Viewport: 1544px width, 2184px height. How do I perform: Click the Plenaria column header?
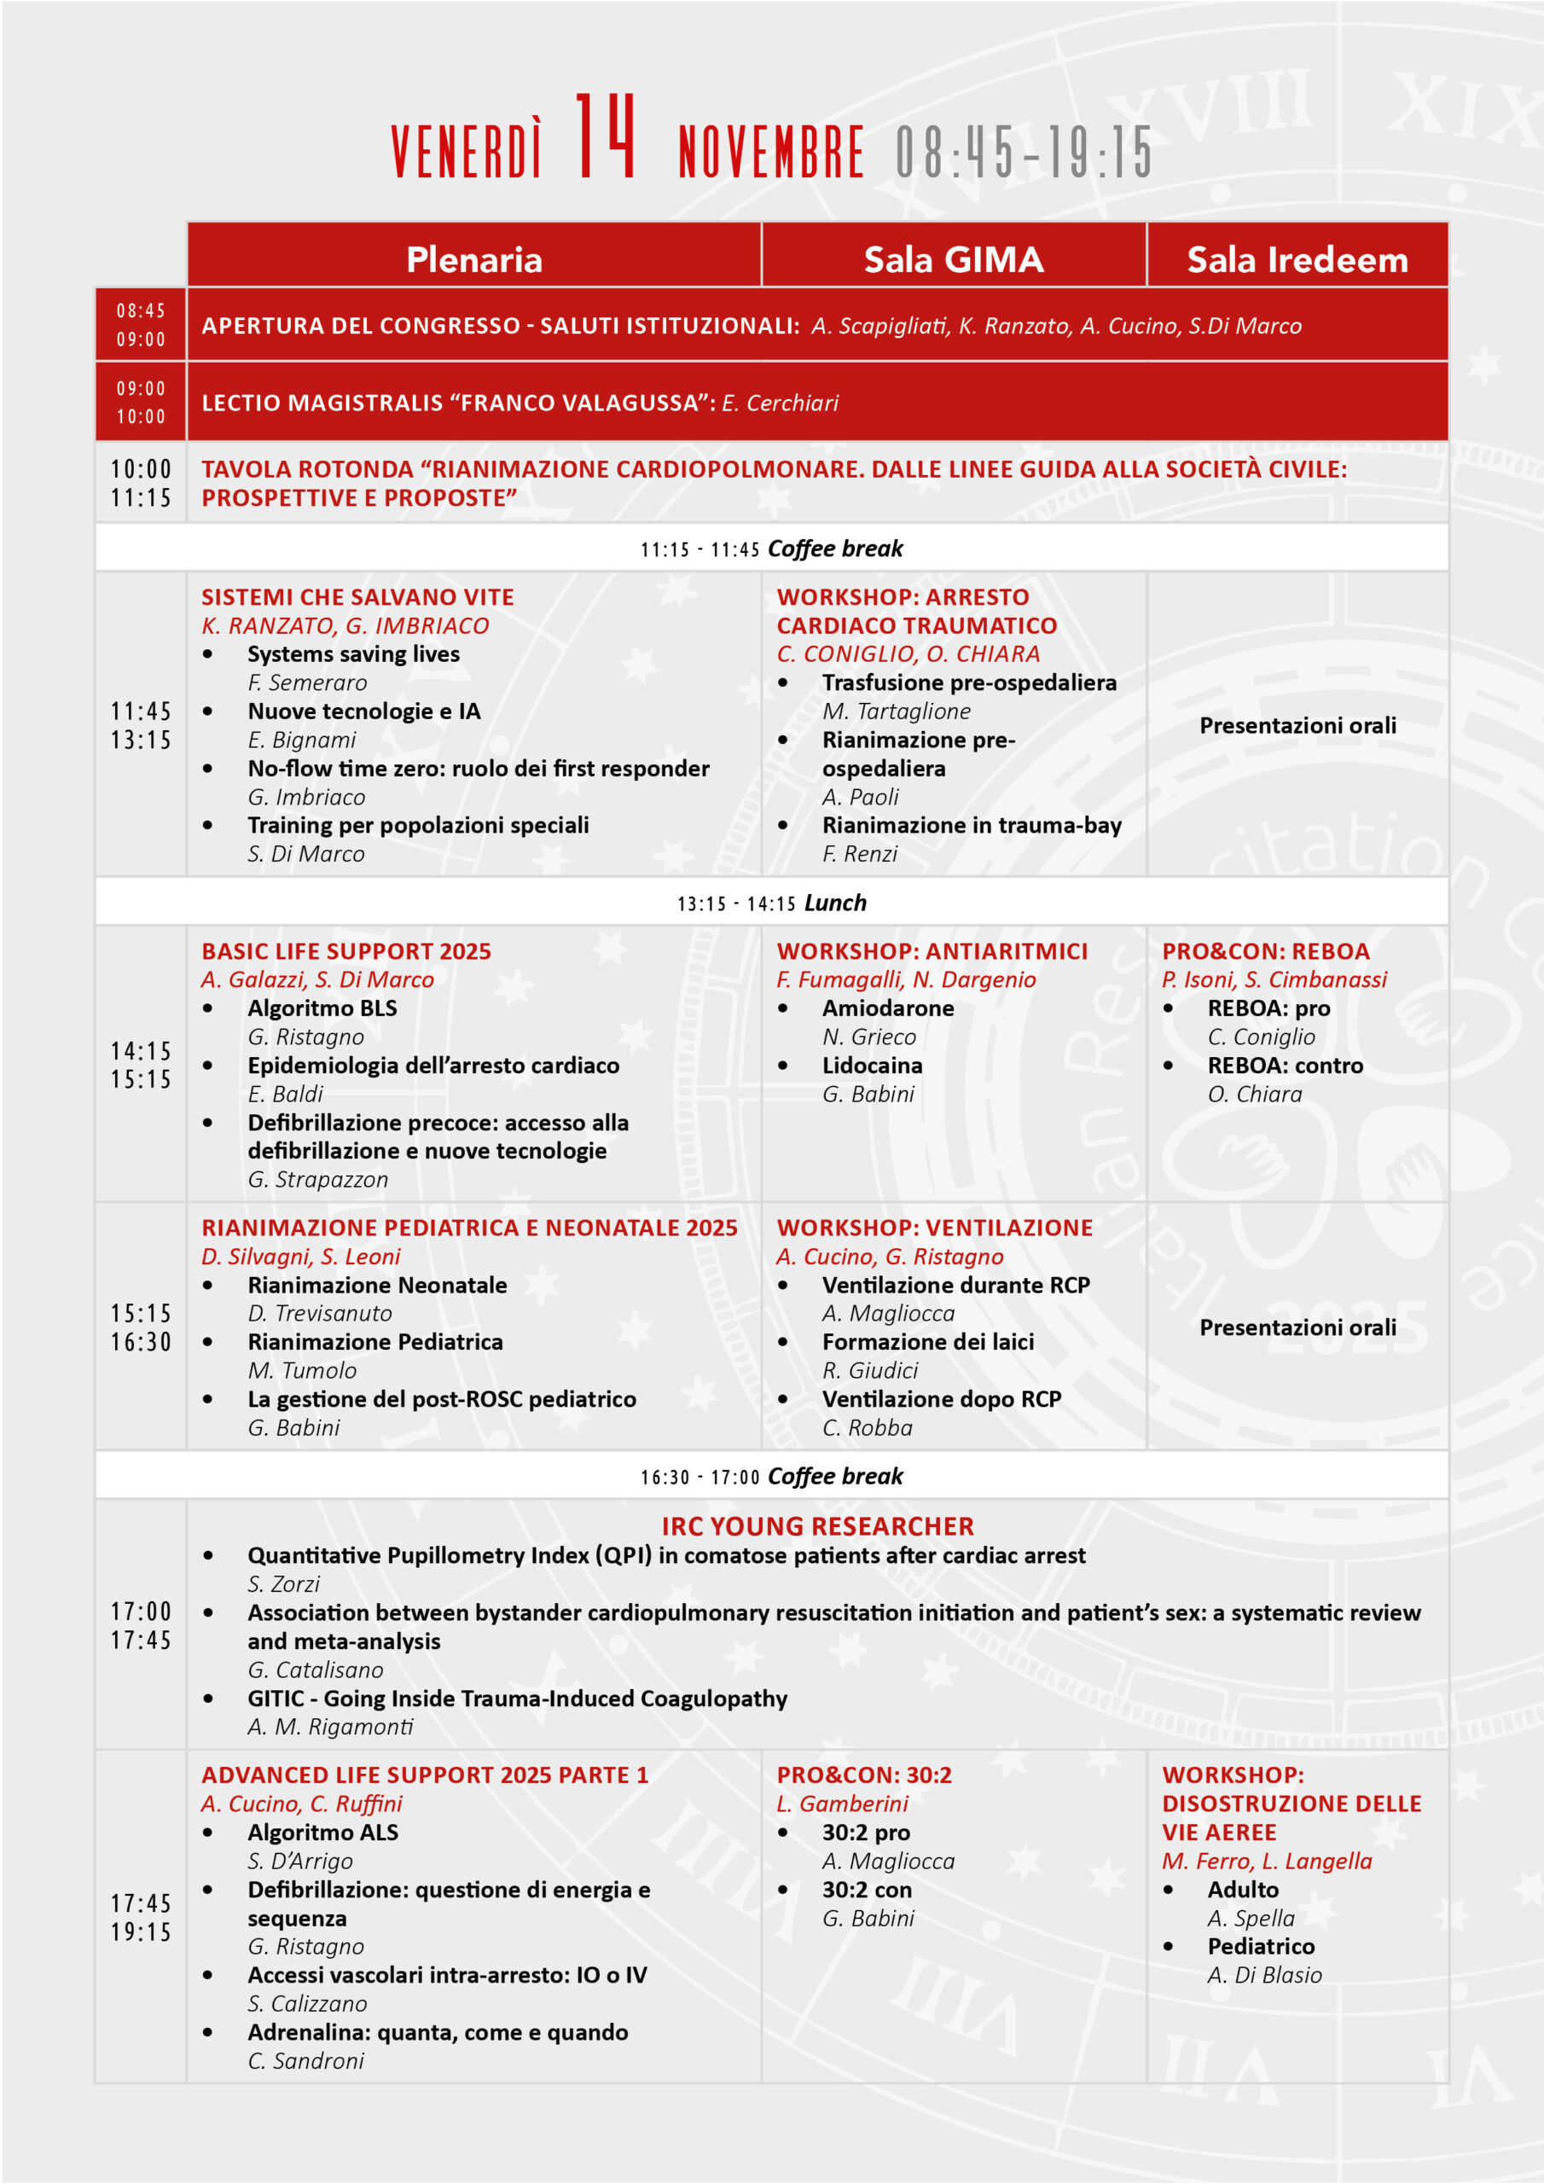pos(473,259)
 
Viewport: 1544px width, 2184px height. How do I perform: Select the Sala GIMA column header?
pos(953,259)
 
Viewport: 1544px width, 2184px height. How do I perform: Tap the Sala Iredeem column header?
pos(1297,259)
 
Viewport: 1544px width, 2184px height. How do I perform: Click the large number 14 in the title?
pos(605,138)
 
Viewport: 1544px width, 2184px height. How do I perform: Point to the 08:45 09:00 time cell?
pos(141,324)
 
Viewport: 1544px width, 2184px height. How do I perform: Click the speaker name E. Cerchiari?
pos(780,404)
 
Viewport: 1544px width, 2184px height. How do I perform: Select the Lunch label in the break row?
pos(835,903)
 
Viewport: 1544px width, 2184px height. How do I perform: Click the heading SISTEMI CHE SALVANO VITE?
pos(357,597)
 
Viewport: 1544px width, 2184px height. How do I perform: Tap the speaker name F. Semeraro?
pos(307,683)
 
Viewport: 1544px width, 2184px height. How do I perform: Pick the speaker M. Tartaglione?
pos(897,712)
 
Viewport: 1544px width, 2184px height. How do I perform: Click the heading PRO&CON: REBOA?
pos(1265,951)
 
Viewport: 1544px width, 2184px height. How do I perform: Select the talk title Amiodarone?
pos(887,1008)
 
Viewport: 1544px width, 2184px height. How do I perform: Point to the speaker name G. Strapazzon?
pos(317,1180)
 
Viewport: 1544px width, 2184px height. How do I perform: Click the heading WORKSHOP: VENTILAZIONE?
pos(934,1228)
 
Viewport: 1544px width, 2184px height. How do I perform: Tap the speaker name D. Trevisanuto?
pos(320,1314)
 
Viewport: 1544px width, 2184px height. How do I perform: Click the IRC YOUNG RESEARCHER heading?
pos(817,1527)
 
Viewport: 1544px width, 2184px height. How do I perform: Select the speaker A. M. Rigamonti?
pos(330,1727)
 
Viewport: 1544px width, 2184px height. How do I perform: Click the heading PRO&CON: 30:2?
pos(864,1775)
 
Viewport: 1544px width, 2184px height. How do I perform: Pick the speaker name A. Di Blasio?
pos(1264,1975)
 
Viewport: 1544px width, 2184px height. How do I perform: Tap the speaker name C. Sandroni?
pos(305,2060)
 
